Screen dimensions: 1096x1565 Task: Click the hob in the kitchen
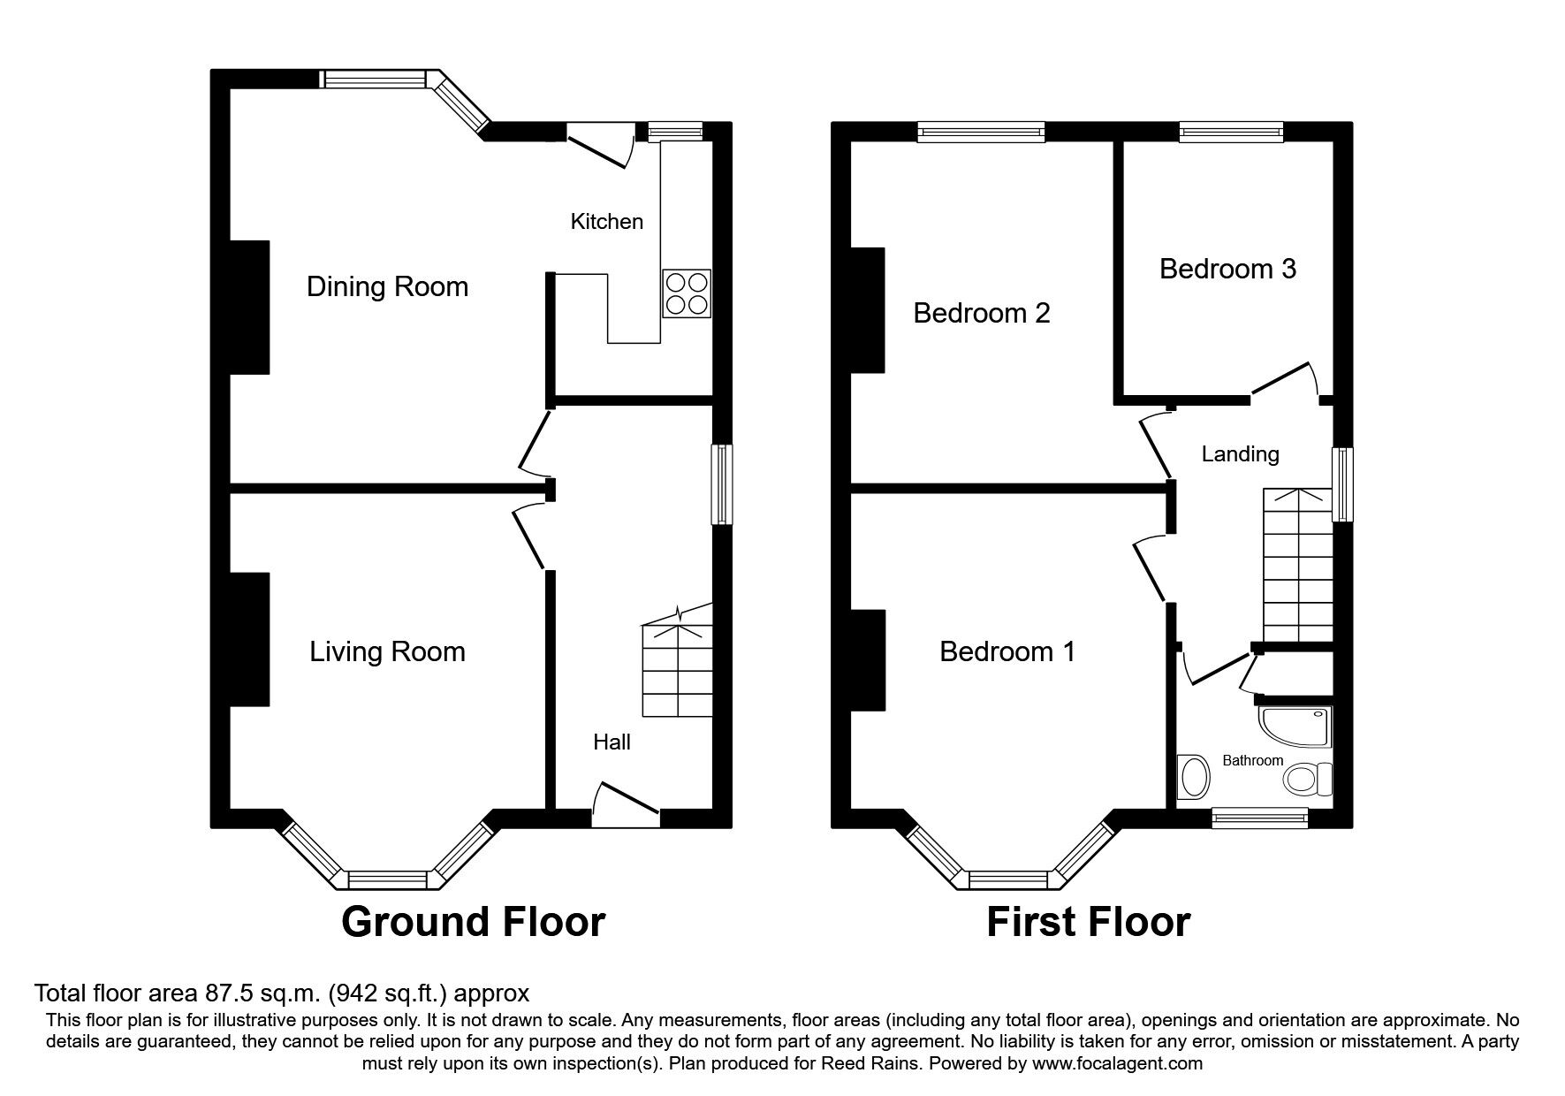(x=687, y=293)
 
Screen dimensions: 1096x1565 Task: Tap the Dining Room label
(x=387, y=286)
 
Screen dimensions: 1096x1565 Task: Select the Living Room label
(x=387, y=651)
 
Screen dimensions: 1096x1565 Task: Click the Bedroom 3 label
(x=1227, y=269)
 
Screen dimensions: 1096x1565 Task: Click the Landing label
(x=1240, y=453)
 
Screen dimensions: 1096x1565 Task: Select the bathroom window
(x=1259, y=818)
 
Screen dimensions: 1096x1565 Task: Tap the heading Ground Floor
(x=473, y=922)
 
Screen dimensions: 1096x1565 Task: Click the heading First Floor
(x=1088, y=922)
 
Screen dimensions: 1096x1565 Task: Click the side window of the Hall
(x=723, y=484)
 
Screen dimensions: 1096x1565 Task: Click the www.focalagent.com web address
(x=1117, y=1063)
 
